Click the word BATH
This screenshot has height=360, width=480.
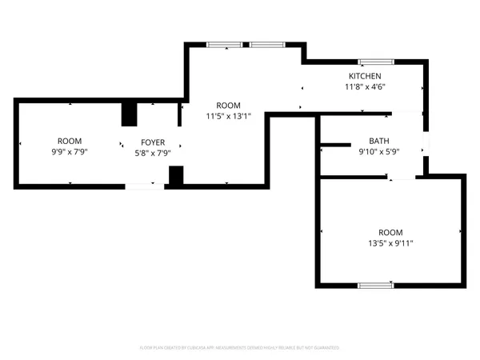pos(379,141)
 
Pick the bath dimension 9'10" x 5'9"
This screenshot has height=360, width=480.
pos(379,151)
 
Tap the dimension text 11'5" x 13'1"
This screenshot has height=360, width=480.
pos(229,115)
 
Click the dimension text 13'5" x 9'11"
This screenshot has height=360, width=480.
pos(390,242)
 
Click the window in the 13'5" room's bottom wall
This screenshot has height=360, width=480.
pos(375,285)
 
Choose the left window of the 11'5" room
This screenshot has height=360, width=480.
pos(218,45)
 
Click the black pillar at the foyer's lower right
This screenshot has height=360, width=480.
pos(176,176)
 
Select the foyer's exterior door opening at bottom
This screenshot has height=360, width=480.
pos(145,186)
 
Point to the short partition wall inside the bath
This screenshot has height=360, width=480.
pos(335,145)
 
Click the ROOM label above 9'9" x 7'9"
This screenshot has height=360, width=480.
pos(69,141)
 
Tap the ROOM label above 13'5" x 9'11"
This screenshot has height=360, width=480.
pos(390,231)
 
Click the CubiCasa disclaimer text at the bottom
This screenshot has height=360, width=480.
pos(240,348)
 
